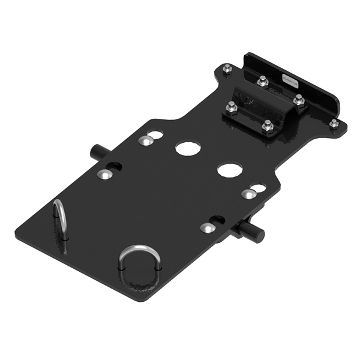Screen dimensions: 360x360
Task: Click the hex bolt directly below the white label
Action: tap(298, 100)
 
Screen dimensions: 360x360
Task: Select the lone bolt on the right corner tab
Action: tap(333, 123)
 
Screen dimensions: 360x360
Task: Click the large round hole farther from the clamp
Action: tap(187, 148)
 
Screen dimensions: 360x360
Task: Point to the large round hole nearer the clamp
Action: tap(230, 170)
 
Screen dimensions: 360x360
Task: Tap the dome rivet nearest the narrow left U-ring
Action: tap(103, 174)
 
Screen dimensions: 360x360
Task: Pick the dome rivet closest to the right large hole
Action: tap(248, 194)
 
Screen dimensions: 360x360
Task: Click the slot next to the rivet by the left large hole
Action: tap(155, 134)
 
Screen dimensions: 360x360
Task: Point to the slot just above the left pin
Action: tap(115, 166)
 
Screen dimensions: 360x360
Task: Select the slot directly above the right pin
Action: tap(218, 220)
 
